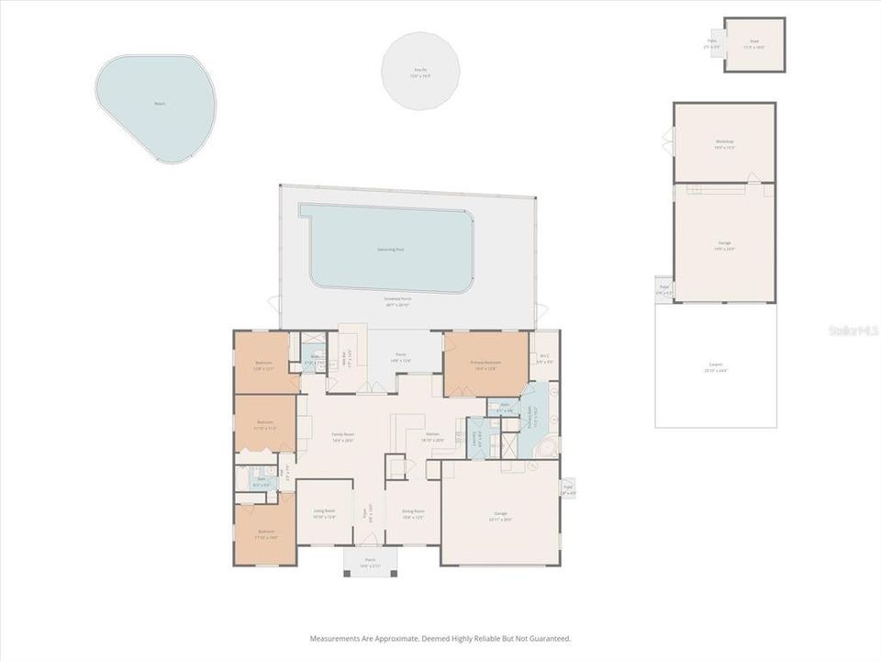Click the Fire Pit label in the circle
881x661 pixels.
pos(420,70)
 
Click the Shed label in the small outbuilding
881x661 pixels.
pos(754,41)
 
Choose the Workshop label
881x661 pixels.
pos(725,142)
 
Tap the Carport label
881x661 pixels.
pos(715,366)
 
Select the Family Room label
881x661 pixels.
pos(343,436)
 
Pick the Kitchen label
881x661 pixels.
pos(433,436)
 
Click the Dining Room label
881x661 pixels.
pos(413,512)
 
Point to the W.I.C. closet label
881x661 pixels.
pos(544,358)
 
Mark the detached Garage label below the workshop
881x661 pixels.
pos(725,244)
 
